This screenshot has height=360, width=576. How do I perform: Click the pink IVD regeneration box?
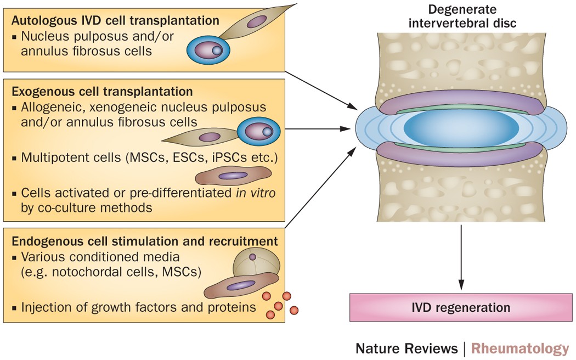461,307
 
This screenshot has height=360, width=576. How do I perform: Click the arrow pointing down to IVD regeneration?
461,258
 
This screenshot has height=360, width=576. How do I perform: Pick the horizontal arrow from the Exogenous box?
318,129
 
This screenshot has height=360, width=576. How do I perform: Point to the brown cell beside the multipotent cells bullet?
233,176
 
